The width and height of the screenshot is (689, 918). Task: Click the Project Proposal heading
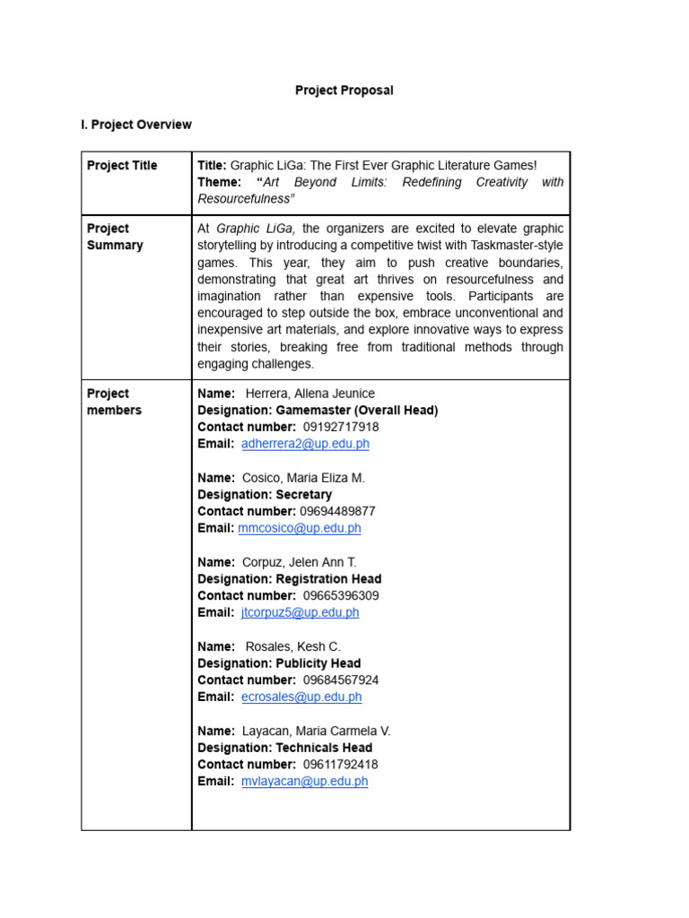344,91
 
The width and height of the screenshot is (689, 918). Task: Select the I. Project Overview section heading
136,125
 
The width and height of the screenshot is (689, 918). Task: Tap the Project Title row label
122,166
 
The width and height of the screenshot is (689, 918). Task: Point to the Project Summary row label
115,237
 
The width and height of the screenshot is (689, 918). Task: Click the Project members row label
114,402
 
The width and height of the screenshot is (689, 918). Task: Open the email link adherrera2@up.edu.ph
305,444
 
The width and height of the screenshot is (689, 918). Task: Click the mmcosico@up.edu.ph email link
300,528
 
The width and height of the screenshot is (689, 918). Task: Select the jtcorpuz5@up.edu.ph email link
300,612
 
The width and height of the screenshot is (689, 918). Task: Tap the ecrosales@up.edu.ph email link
301,697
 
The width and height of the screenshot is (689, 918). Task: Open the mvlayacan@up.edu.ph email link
304,781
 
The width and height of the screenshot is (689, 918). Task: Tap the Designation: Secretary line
265,495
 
